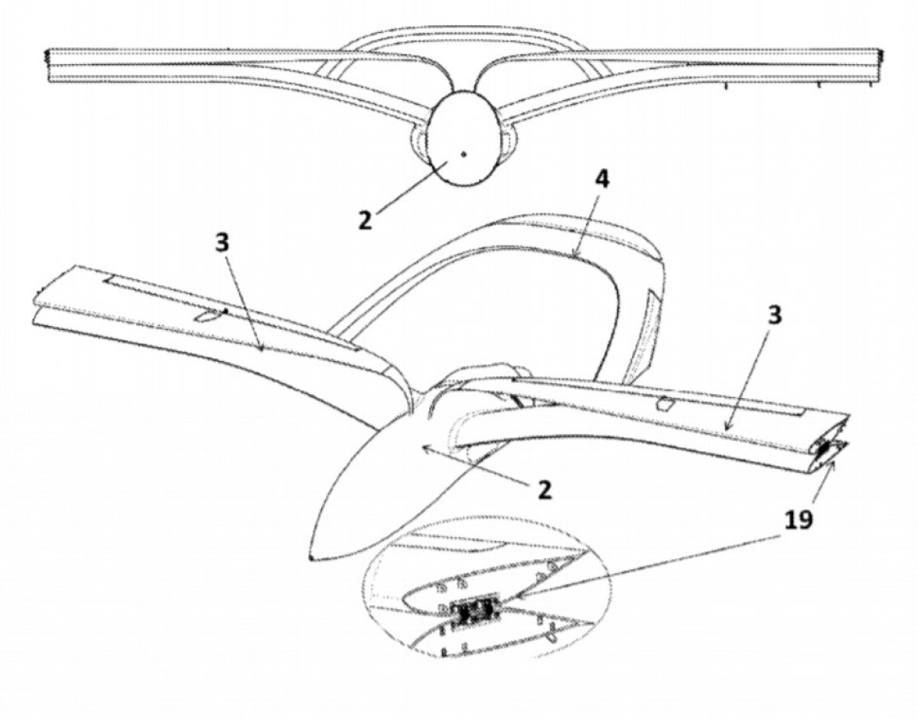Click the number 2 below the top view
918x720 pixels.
(366, 219)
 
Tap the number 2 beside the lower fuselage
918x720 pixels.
(544, 489)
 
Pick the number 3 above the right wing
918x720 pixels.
(776, 316)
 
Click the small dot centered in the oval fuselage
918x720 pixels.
(463, 154)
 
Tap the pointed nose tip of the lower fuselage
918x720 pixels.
(312, 557)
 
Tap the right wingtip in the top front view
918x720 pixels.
(880, 65)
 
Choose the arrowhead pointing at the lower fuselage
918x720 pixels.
(422, 450)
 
